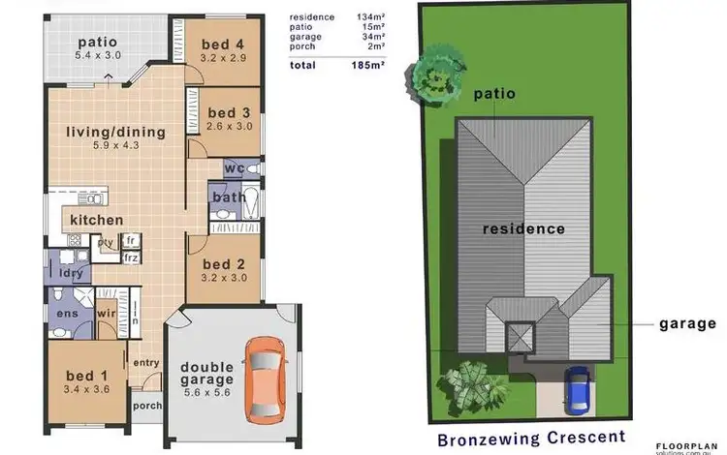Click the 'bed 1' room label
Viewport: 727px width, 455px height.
pyautogui.click(x=86, y=376)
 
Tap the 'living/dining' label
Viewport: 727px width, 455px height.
pyautogui.click(x=115, y=132)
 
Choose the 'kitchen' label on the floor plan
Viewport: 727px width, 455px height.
pyautogui.click(x=96, y=220)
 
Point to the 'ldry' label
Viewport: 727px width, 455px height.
pyautogui.click(x=69, y=274)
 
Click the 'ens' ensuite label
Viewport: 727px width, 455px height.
pyautogui.click(x=68, y=314)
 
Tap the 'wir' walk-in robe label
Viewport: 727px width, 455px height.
pyautogui.click(x=106, y=314)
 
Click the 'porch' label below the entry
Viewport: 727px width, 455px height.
pyautogui.click(x=147, y=406)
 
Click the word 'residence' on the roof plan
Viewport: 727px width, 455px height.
pyautogui.click(x=523, y=229)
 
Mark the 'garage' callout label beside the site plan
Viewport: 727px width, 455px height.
pyautogui.click(x=687, y=324)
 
